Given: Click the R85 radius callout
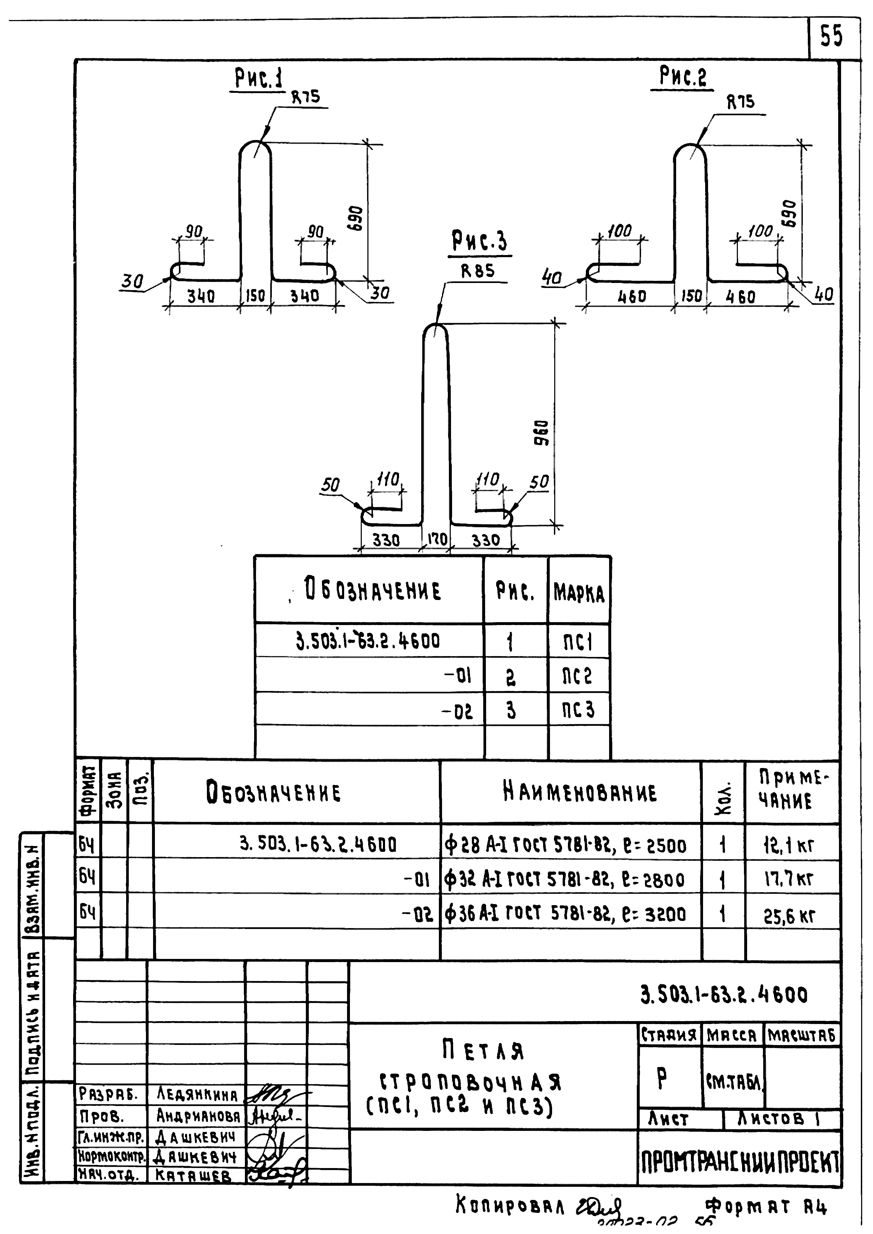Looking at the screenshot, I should pos(478,271).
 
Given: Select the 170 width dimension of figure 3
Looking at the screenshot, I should pos(437,539).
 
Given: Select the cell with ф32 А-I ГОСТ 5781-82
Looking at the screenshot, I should pos(565,880).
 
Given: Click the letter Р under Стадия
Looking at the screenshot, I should pos(662,1077).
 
